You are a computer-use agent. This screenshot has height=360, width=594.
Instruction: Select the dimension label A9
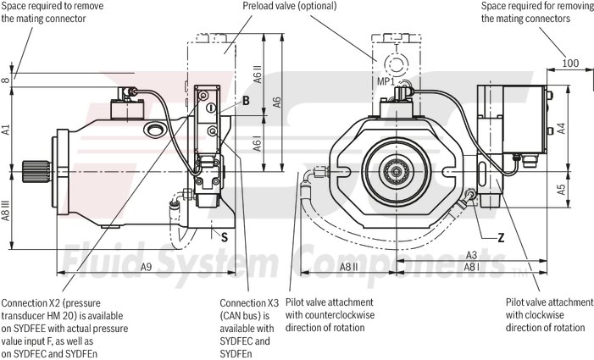[x=145, y=268]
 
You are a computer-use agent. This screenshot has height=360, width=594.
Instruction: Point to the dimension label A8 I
[x=473, y=267]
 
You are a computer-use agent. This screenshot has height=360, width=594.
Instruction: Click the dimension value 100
[x=570, y=62]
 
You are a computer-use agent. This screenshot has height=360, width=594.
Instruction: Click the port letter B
[x=246, y=102]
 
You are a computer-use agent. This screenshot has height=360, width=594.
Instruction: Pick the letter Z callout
[x=501, y=237]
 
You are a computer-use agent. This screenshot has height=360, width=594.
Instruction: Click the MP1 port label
[x=386, y=81]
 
